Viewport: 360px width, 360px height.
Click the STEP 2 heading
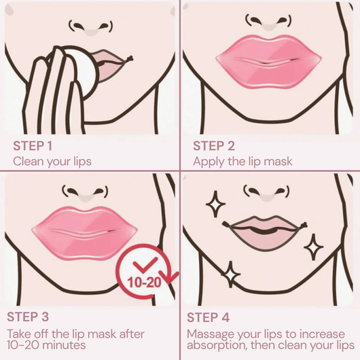click(x=214, y=145)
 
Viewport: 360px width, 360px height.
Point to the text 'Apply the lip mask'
click(x=242, y=162)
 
